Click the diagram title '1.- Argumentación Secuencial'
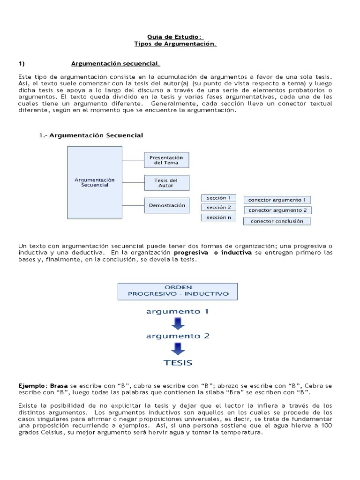pos(91,135)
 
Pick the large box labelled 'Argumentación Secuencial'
pos(95,182)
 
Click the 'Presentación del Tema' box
pos(166,160)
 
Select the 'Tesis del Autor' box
pos(166,182)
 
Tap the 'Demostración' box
pos(167,205)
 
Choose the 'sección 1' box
pos(218,198)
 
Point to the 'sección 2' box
pos(218,207)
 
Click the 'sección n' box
pos(218,217)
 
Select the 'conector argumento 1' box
pos(277,200)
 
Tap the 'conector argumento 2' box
pos(277,210)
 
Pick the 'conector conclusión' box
pos(277,221)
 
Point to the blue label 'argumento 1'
pos(177,311)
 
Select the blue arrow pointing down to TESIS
pos(178,349)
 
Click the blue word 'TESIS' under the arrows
pos(178,362)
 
